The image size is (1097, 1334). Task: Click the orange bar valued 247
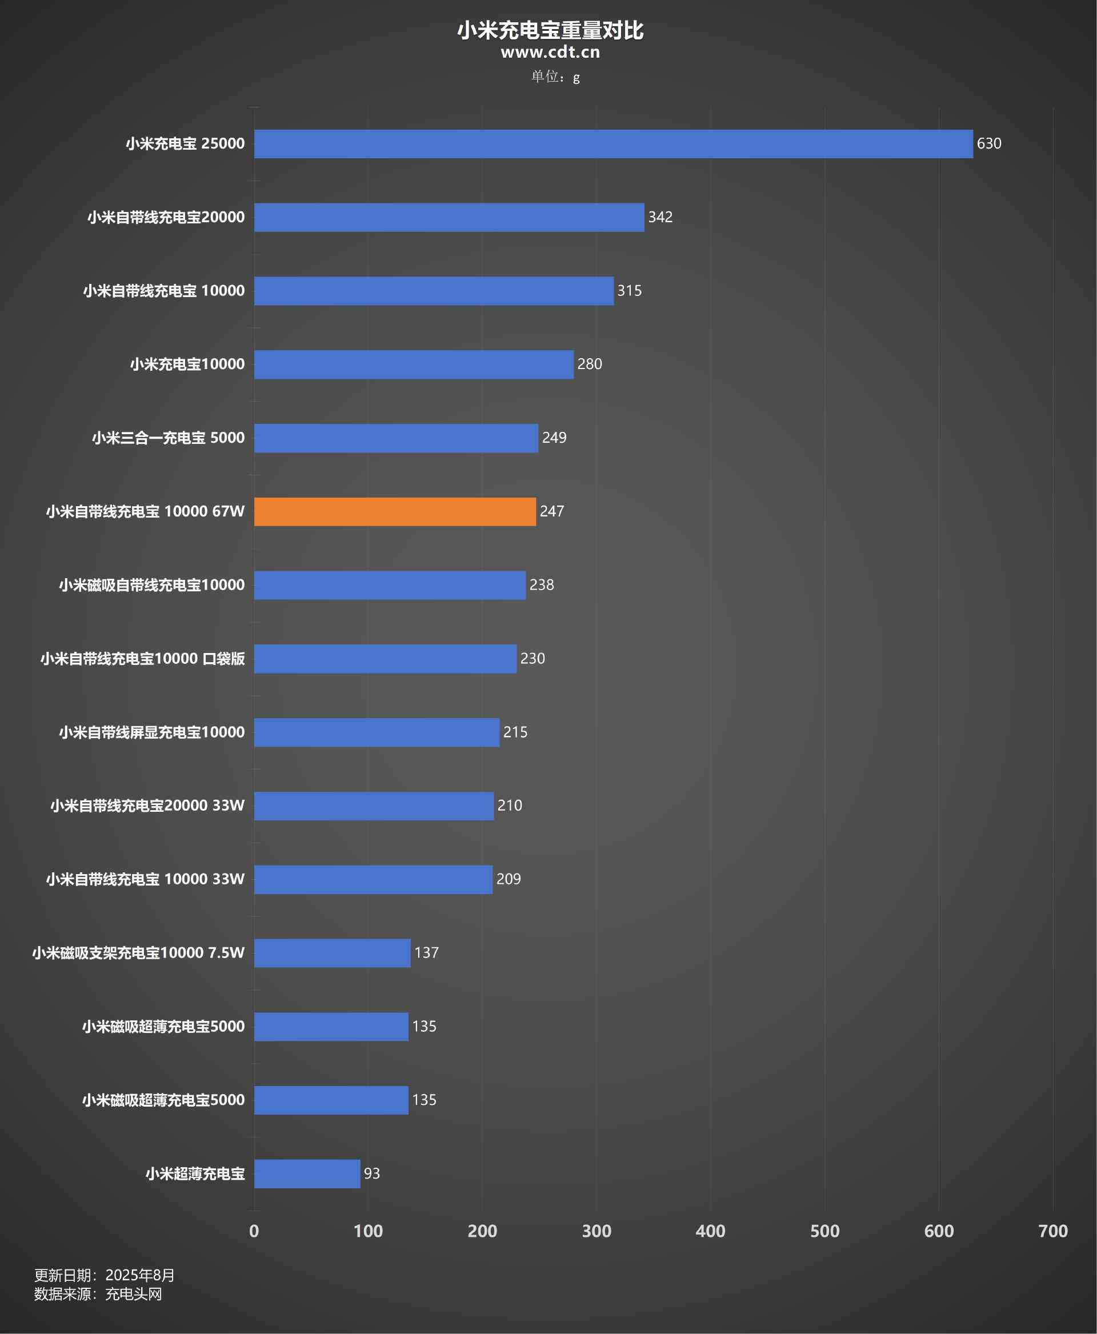point(395,511)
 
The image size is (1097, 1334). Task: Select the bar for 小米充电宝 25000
point(613,143)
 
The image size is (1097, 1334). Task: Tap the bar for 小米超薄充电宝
point(307,1173)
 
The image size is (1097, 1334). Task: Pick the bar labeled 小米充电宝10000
point(414,364)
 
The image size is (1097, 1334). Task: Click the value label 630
point(988,143)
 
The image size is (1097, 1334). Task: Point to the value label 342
point(660,217)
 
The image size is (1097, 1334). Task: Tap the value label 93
point(371,1173)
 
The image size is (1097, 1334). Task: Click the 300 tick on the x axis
point(596,1231)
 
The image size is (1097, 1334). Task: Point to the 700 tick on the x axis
point(1053,1231)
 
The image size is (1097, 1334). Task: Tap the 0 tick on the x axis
point(254,1231)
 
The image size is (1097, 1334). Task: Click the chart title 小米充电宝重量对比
point(550,30)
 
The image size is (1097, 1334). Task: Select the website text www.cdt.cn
point(550,53)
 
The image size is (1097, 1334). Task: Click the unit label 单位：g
point(555,77)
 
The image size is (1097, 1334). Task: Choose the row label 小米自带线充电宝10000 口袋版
point(142,659)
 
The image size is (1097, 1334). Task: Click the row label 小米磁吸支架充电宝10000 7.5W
point(138,953)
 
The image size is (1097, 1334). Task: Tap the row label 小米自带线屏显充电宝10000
point(151,732)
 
